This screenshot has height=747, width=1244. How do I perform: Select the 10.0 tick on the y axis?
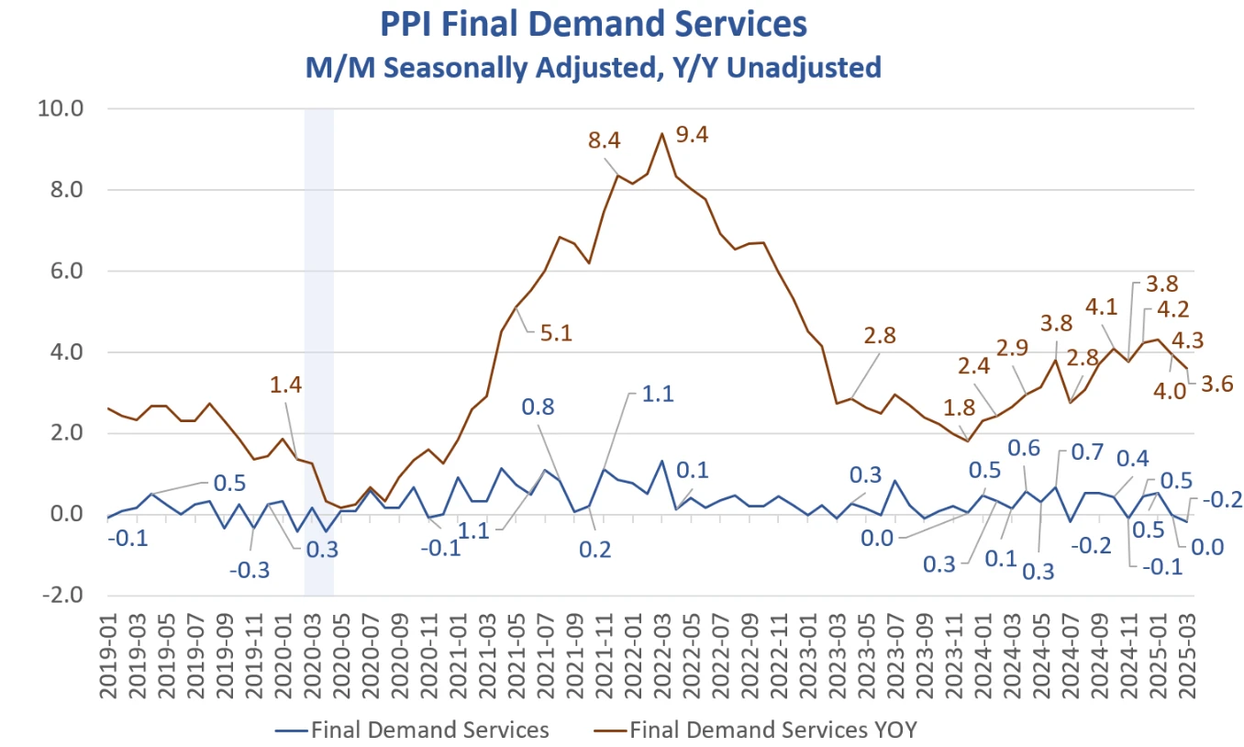[60, 109]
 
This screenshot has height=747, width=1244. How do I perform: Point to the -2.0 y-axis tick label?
[60, 596]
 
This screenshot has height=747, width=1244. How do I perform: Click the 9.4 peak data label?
[692, 135]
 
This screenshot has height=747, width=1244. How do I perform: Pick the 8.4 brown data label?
[605, 141]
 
